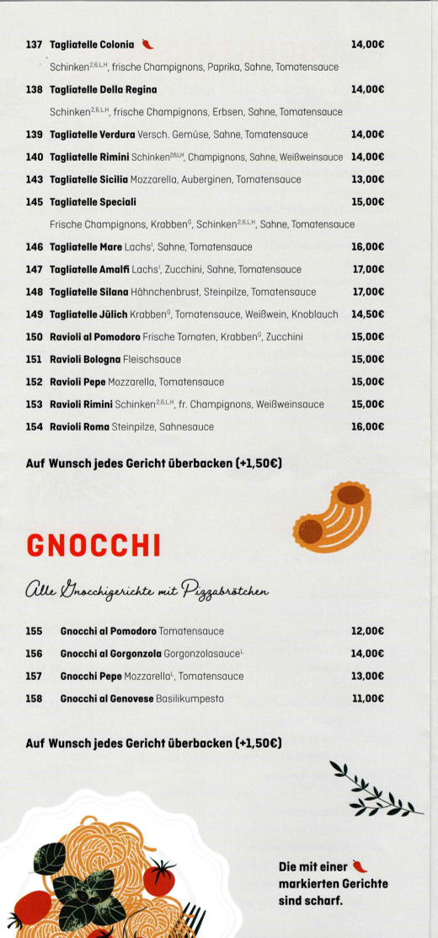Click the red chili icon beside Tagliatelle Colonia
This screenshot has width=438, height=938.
pyautogui.click(x=147, y=44)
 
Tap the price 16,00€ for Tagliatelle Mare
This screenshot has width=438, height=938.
pyautogui.click(x=367, y=247)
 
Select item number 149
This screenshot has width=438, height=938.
pyautogui.click(x=34, y=314)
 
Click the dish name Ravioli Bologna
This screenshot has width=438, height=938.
pyautogui.click(x=85, y=359)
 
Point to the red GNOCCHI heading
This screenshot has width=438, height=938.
pyautogui.click(x=93, y=545)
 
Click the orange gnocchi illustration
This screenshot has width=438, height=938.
pyautogui.click(x=334, y=517)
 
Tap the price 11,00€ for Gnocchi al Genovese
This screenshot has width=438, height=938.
pyautogui.click(x=367, y=698)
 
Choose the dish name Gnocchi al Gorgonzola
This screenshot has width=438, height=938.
pyautogui.click(x=107, y=653)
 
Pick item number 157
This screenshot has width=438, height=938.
pyautogui.click(x=34, y=676)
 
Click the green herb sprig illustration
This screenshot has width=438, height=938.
pyautogui.click(x=373, y=791)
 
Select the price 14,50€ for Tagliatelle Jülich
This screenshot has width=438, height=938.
pyautogui.click(x=367, y=314)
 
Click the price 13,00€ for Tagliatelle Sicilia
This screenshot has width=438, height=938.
pyautogui.click(x=367, y=180)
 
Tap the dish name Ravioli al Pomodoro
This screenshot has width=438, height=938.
pyautogui.click(x=93, y=337)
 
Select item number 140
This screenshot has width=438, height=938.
pyautogui.click(x=34, y=157)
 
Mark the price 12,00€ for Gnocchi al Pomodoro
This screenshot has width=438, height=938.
pyautogui.click(x=367, y=630)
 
